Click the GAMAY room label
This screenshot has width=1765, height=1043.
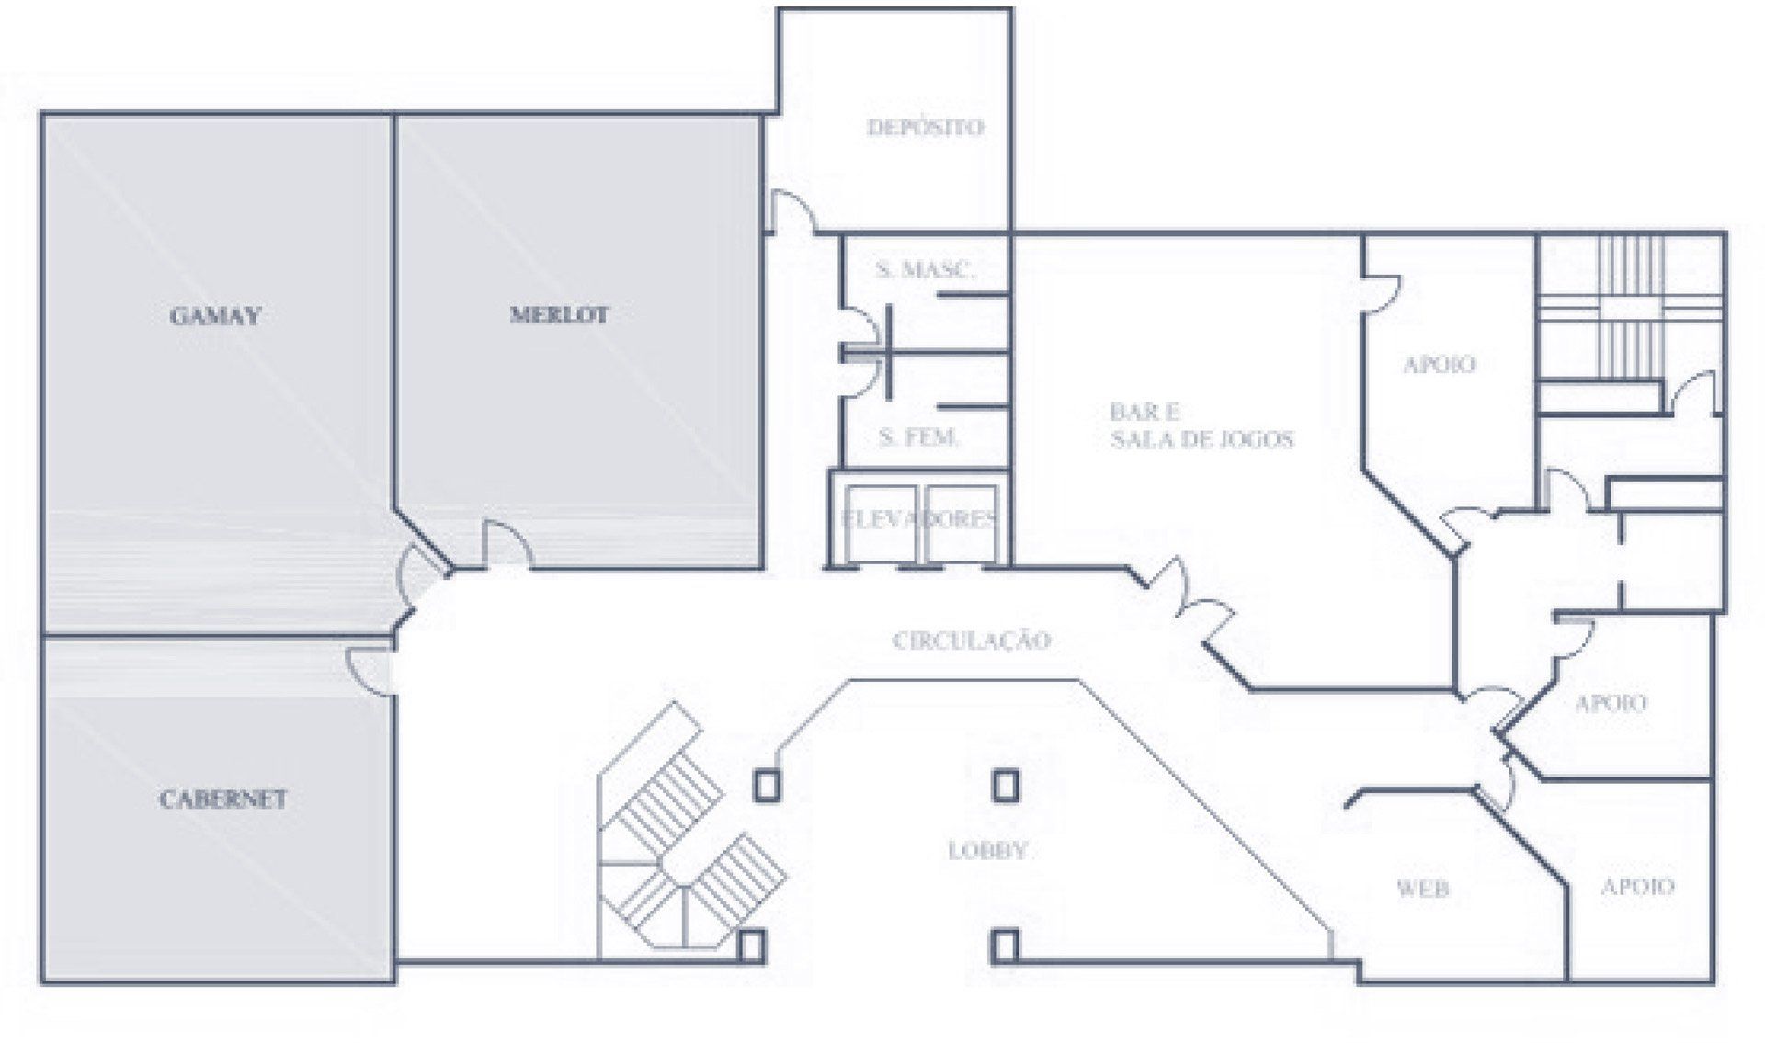[x=216, y=316]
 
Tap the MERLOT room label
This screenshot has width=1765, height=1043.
[x=559, y=314]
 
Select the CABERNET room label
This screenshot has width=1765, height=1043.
[x=222, y=799]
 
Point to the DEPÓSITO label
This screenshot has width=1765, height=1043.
[x=925, y=127]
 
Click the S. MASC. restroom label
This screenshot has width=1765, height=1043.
[x=925, y=269]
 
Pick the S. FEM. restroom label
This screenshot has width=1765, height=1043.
[x=918, y=436]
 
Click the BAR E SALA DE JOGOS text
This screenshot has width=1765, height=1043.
[x=1201, y=425]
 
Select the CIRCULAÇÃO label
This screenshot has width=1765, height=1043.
[x=972, y=640]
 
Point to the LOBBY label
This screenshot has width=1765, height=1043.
[x=987, y=850]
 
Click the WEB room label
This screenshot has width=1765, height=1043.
[x=1423, y=888]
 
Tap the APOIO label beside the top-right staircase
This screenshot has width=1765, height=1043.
[x=1440, y=364]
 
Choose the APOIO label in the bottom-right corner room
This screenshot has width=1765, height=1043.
[x=1637, y=886]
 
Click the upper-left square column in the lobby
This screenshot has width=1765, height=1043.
[x=768, y=786]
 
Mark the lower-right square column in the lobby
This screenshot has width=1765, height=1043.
[x=1005, y=946]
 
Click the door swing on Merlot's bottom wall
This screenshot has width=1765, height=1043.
[x=507, y=544]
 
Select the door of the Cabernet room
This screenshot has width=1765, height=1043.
[x=370, y=670]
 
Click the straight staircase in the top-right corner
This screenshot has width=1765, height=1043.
[x=1630, y=307]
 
